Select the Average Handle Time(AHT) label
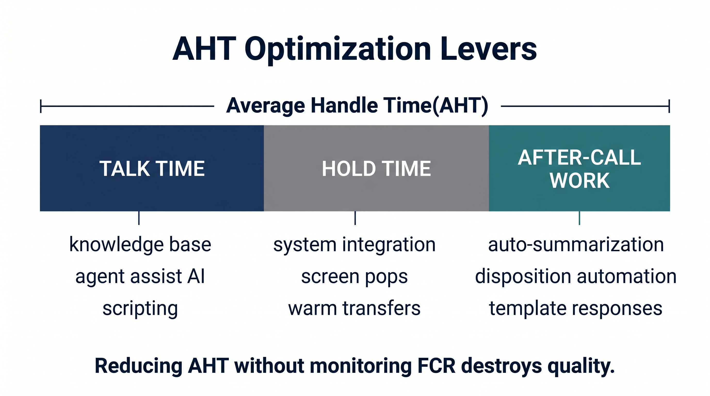357,106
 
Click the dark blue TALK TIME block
152,168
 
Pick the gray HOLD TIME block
376,168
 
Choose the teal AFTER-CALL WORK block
579,168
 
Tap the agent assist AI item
140,276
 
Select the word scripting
140,308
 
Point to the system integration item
354,245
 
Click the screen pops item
354,277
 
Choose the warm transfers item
354,308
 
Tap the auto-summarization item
576,245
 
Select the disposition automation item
576,276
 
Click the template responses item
576,308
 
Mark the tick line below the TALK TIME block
139,218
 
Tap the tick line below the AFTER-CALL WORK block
579,218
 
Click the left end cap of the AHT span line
41,106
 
